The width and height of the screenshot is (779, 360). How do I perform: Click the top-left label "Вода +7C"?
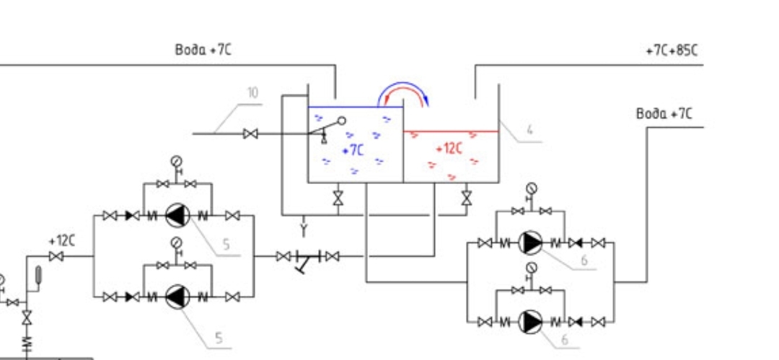pyautogui.click(x=203, y=50)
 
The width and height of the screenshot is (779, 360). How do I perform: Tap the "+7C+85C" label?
pyautogui.click(x=672, y=51)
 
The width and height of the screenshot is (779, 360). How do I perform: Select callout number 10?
pyautogui.click(x=253, y=92)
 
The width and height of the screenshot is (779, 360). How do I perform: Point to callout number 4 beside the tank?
pyautogui.click(x=529, y=130)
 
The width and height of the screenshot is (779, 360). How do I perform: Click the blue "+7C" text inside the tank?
pyautogui.click(x=353, y=149)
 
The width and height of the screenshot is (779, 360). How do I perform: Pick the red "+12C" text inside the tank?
pyautogui.click(x=449, y=148)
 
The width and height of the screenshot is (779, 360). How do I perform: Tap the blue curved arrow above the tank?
pyautogui.click(x=403, y=84)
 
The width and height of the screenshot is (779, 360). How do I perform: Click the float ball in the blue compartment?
pyautogui.click(x=342, y=120)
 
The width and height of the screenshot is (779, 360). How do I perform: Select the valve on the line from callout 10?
pyautogui.click(x=251, y=133)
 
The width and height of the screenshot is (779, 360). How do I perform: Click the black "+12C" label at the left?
pyautogui.click(x=61, y=241)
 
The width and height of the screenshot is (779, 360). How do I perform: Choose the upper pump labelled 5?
pyautogui.click(x=177, y=215)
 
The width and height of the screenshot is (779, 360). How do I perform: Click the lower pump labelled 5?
pyautogui.click(x=177, y=297)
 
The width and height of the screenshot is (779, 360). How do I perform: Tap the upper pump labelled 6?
pyautogui.click(x=531, y=242)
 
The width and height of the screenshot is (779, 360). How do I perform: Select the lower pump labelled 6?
pyautogui.click(x=531, y=322)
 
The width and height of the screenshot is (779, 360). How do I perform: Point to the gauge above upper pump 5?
pyautogui.click(x=177, y=161)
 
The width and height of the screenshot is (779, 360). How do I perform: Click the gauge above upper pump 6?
pyautogui.click(x=532, y=188)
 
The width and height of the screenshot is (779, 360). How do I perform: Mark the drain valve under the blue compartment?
pyautogui.click(x=338, y=198)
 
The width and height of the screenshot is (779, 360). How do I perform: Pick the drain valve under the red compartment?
pyautogui.click(x=466, y=198)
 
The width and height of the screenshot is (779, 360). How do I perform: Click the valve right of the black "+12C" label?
pyautogui.click(x=56, y=256)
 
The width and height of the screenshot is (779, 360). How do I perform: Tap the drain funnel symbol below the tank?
pyautogui.click(x=304, y=229)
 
